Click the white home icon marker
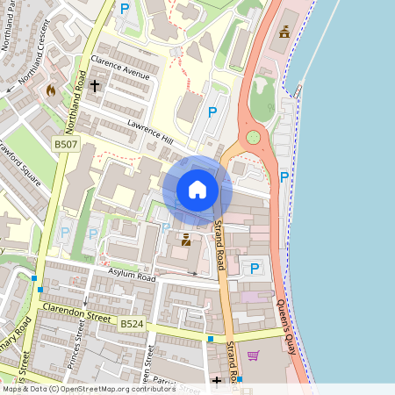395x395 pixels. (x=197, y=190)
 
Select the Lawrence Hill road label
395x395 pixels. (x=149, y=131)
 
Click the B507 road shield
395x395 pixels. (x=65, y=143)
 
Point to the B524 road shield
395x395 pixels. (x=132, y=324)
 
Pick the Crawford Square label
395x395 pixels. (x=19, y=162)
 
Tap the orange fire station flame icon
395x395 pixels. (x=50, y=90)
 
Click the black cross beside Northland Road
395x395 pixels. (x=95, y=86)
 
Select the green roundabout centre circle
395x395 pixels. (x=254, y=137)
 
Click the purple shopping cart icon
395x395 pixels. (x=254, y=355)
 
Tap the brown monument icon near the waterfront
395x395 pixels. (x=284, y=33)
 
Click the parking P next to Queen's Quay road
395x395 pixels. (x=284, y=177)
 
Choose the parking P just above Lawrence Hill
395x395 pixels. (x=212, y=111)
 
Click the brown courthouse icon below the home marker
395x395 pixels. (x=185, y=239)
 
